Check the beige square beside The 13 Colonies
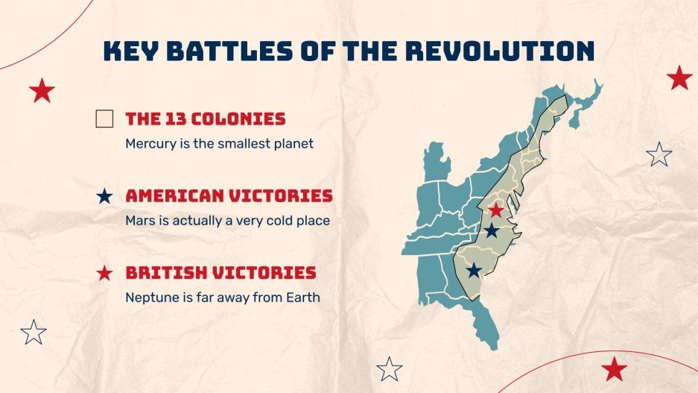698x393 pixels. (x=105, y=119)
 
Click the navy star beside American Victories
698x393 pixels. (x=105, y=197)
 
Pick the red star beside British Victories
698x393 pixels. (x=105, y=274)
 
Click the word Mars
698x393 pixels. (x=141, y=221)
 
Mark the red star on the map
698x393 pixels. (x=496, y=210)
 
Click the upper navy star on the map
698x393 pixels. (x=492, y=231)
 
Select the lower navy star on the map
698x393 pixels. (x=474, y=270)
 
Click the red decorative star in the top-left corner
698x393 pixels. (x=42, y=92)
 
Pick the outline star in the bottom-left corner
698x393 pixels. (x=34, y=332)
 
